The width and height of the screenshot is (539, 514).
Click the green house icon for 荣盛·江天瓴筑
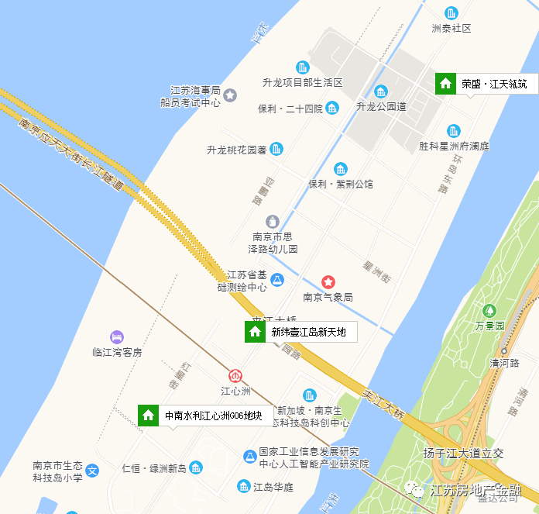445,83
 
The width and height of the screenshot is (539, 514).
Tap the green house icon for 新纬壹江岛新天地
255,333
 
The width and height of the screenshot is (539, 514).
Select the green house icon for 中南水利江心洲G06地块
148,416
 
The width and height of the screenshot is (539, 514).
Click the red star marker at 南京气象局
328,281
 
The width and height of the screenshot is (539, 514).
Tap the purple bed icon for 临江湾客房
117,336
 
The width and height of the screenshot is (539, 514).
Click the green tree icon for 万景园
489,311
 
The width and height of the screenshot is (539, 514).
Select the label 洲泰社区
451,29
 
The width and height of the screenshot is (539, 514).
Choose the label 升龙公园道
381,106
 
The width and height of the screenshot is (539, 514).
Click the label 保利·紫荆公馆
341,184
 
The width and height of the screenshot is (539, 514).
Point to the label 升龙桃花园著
237,150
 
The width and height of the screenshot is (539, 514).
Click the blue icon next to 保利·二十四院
332,108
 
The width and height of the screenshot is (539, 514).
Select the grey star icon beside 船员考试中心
230,95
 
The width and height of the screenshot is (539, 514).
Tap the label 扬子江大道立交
464,453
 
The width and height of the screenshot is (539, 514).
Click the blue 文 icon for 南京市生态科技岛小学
92,470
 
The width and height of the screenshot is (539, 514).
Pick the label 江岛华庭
273,487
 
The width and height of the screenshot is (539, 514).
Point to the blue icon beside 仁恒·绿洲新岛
197,467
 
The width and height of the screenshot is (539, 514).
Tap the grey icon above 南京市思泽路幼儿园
272,222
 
